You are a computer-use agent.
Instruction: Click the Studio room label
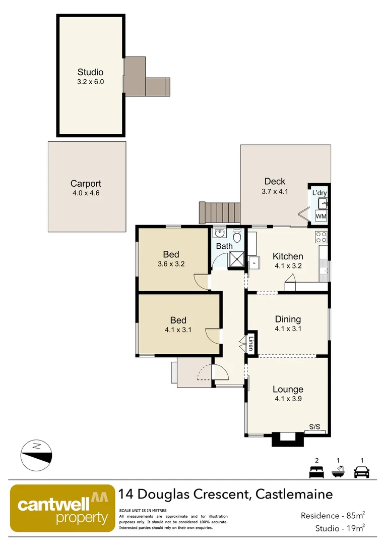pos(90,72)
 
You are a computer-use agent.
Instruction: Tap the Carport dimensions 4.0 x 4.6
pos(86,193)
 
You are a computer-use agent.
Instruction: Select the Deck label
pos(275,181)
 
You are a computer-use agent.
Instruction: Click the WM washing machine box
pos(320,216)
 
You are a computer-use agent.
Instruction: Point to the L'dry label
pos(319,193)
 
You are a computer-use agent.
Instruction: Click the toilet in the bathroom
pos(237,235)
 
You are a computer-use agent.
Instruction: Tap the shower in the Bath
pos(236,259)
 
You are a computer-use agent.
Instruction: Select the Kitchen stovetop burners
pos(321,236)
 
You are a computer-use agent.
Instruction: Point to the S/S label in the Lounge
pos(314,427)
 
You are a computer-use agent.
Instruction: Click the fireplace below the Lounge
pos(288,439)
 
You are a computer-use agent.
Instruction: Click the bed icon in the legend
pos(316,472)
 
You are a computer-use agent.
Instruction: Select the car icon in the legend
pos(362,472)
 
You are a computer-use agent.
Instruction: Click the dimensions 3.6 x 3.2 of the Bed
pos(171,264)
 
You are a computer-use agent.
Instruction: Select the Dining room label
pos(288,319)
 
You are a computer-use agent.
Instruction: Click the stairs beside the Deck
pos(220,212)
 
